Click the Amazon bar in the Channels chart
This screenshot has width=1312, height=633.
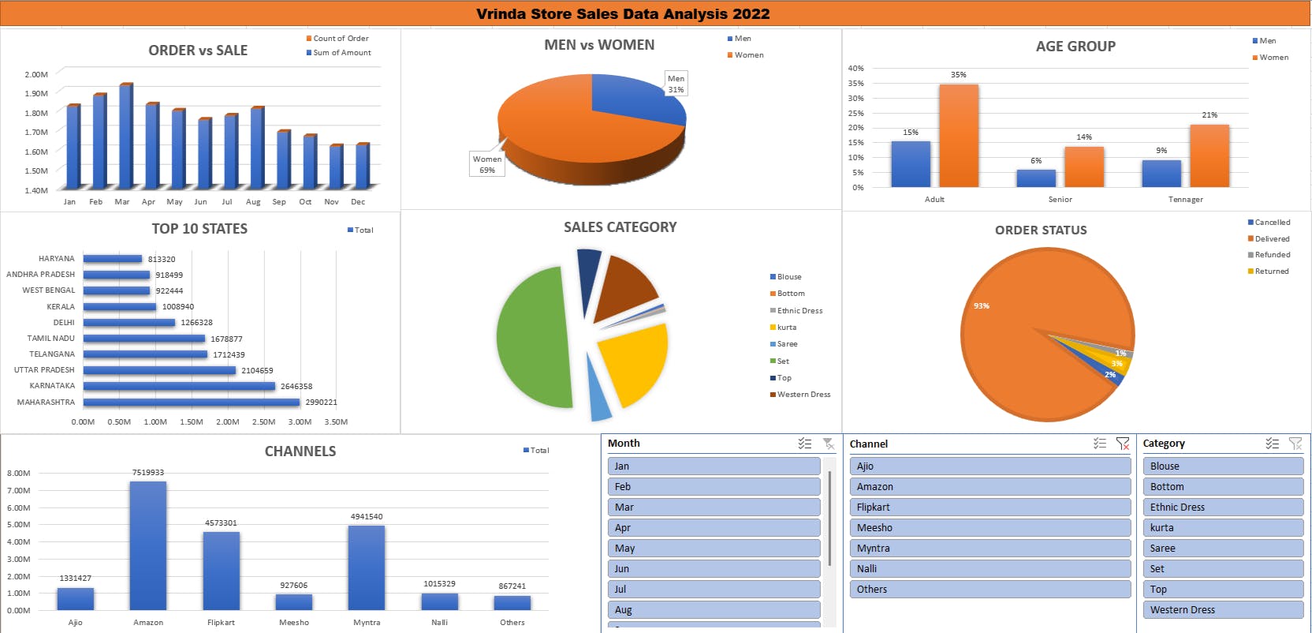tap(148, 545)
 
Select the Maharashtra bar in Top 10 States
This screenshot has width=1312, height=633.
tap(192, 402)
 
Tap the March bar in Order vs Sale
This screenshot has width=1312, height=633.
tap(125, 136)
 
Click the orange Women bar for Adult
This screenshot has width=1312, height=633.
tap(959, 136)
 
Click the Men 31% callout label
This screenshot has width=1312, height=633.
tap(676, 84)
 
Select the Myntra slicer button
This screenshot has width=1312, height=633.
tap(990, 548)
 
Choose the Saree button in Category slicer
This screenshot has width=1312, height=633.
tap(1222, 548)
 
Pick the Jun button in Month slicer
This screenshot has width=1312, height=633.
tap(714, 568)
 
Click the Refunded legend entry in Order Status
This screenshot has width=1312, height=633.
tap(1272, 255)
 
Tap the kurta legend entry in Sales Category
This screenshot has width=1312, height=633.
tap(786, 328)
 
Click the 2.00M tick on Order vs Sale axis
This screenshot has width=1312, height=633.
tap(36, 74)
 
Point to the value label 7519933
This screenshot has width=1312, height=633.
tap(148, 472)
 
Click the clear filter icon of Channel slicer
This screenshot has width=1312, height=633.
tap(1123, 444)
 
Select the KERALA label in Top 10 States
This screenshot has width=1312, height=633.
tap(61, 306)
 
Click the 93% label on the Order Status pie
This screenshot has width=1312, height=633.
tap(981, 305)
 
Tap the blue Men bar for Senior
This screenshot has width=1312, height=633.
tap(1036, 178)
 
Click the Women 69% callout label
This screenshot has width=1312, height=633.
tap(487, 164)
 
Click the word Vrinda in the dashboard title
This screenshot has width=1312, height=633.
tap(499, 13)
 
